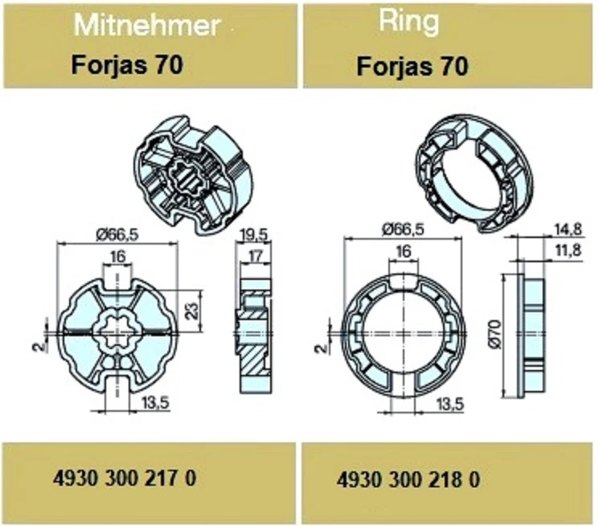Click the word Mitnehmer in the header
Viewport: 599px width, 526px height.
(147, 25)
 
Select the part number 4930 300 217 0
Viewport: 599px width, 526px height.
(125, 478)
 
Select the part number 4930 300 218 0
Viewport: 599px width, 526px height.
(408, 479)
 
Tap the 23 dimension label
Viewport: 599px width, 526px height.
(194, 310)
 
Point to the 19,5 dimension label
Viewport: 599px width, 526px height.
(254, 235)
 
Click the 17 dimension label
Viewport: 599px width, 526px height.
(255, 256)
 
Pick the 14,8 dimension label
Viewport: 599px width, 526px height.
(568, 229)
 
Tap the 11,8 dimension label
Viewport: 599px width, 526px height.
(568, 251)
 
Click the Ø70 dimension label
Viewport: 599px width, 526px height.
(495, 335)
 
